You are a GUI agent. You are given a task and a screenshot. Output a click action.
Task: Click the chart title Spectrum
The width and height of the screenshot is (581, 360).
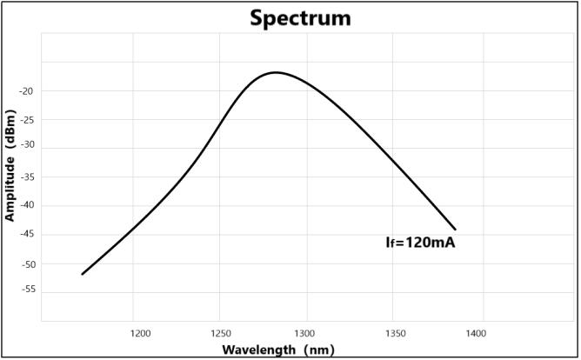tap(300, 17)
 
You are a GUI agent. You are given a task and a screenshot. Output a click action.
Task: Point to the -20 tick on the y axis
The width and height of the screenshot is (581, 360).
tap(26, 91)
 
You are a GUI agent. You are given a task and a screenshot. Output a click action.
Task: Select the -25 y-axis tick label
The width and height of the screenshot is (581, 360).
tap(26, 120)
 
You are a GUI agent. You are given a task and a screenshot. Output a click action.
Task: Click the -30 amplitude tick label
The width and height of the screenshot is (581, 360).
tap(26, 149)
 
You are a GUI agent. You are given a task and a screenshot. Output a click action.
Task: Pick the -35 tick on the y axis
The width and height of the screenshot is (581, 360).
tap(26, 177)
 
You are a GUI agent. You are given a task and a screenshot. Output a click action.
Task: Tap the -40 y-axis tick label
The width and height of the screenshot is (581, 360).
tap(26, 206)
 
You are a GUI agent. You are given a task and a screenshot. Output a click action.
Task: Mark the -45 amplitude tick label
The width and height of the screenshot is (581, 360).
tap(26, 235)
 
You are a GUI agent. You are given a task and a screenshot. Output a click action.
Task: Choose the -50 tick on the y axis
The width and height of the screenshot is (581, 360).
tap(26, 263)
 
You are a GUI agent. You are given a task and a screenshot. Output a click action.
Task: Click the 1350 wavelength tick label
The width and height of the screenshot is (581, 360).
tap(395, 332)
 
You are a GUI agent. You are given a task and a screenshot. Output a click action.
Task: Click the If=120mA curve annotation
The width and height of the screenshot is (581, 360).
tap(421, 243)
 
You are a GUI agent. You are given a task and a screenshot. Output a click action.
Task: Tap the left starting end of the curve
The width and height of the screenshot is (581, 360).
tap(83, 274)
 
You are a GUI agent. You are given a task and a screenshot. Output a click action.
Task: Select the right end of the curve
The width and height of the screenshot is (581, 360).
tap(455, 230)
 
